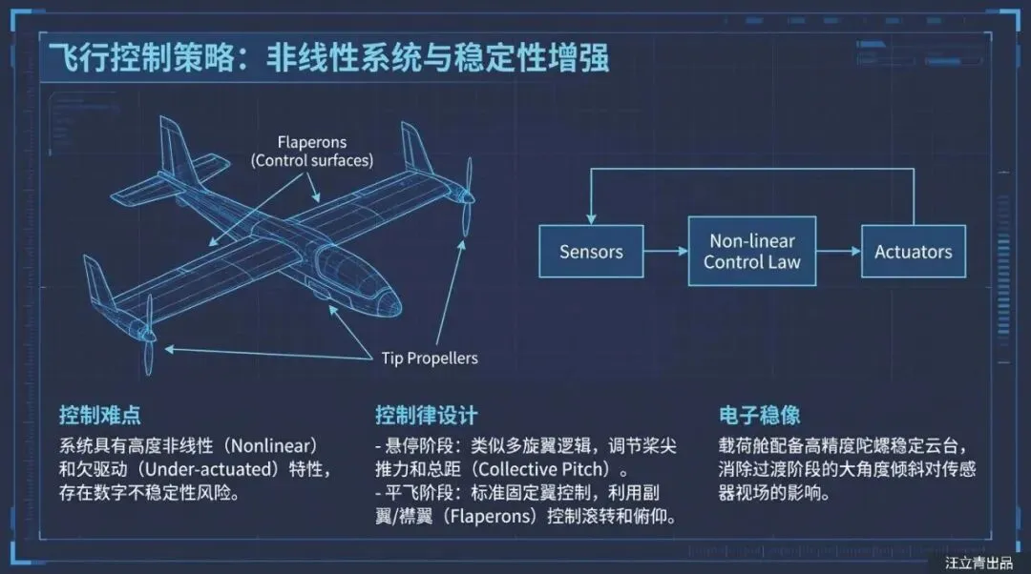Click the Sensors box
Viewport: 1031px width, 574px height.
(591, 252)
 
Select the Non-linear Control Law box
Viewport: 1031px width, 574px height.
(752, 251)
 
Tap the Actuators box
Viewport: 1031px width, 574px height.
(913, 252)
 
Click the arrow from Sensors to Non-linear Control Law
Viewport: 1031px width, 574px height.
(665, 252)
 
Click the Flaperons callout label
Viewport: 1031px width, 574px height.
(311, 143)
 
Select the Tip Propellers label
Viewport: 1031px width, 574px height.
(430, 359)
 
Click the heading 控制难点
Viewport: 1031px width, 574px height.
(100, 416)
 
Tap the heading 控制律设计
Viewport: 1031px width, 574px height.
(426, 416)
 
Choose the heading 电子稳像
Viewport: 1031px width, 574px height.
(759, 416)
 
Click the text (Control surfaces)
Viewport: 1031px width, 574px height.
(311, 160)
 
